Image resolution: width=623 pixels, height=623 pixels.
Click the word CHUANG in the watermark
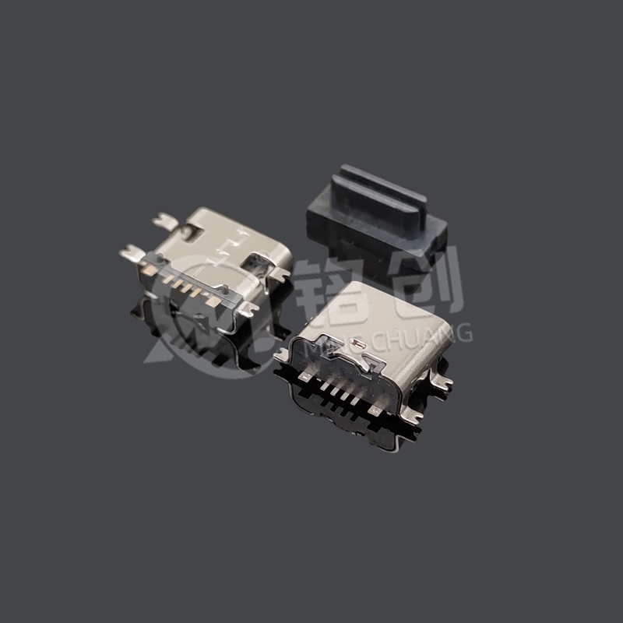pos(436,334)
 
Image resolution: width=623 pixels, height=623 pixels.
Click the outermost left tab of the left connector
pos(129,252)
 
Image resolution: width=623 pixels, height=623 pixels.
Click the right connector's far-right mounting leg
pos(444,381)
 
